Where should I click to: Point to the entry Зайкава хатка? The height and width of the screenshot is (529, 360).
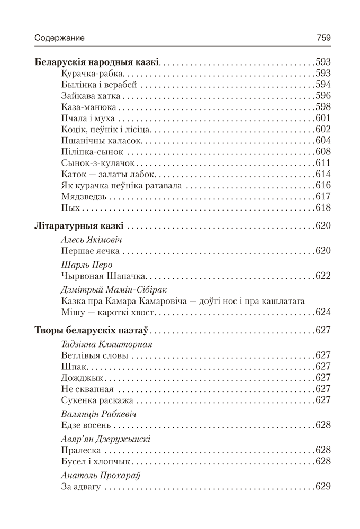pos(91,96)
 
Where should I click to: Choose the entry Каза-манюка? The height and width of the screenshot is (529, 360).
pos(89,107)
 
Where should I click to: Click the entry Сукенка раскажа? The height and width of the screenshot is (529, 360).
pos(97,400)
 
